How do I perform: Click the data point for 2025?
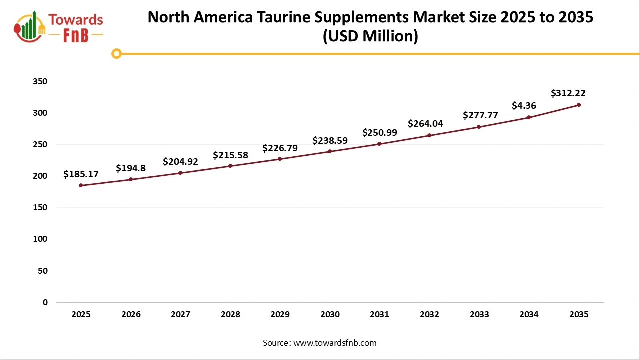81,185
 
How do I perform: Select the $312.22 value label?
568,93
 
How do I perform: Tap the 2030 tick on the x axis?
330,315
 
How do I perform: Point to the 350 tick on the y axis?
42,81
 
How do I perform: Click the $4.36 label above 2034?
524,106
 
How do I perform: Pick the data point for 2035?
578,105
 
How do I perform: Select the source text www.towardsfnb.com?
334,343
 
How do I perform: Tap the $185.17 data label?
81,174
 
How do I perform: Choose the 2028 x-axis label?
230,315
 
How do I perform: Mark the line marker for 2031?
379,144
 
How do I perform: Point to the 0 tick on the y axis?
45,302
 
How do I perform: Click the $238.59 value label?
330,141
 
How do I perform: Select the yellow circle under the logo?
116,54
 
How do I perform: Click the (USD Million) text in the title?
370,37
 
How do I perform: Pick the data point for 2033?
479,127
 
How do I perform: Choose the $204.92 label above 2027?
180,162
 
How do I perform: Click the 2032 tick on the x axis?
429,315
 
